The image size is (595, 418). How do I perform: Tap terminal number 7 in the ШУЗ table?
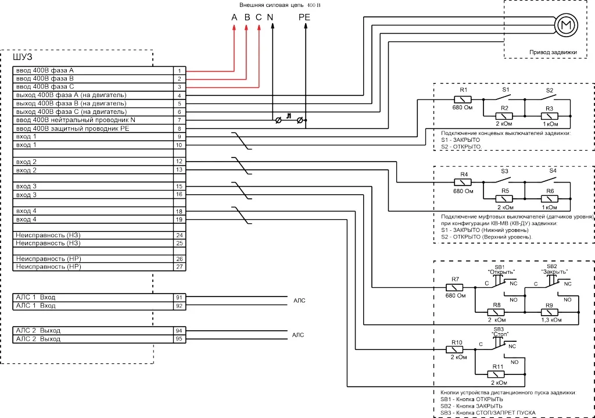(180, 120)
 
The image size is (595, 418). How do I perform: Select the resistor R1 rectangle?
(463, 99)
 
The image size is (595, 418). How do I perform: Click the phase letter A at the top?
(234, 17)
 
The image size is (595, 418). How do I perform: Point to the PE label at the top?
(304, 17)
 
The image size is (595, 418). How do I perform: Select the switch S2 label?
(550, 90)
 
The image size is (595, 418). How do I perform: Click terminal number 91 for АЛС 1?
(180, 297)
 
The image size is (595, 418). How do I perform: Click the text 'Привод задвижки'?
(553, 52)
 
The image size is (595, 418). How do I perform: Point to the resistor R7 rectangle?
(455, 287)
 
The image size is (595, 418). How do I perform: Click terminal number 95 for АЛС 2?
(180, 338)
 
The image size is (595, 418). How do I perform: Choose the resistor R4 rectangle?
(464, 183)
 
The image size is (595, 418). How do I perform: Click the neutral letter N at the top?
(271, 17)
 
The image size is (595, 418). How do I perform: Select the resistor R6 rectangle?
(550, 199)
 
